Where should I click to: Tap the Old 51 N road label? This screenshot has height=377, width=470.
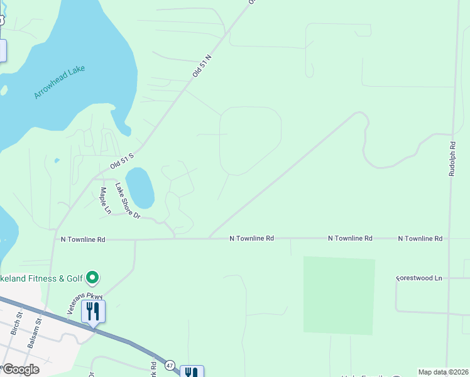click(203, 65)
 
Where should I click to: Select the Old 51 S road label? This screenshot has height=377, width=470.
click(123, 161)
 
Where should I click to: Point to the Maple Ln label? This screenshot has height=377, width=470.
click(104, 200)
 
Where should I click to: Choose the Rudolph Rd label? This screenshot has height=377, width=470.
click(452, 158)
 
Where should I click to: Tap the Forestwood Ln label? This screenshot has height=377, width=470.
click(420, 278)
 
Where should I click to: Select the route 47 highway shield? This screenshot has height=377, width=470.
click(170, 364)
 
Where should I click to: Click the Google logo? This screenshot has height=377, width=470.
click(20, 369)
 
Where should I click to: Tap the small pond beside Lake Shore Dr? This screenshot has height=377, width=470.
click(139, 187)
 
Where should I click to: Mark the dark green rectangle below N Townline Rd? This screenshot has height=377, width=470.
click(339, 295)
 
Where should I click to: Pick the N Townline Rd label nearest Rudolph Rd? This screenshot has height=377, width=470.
click(420, 239)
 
